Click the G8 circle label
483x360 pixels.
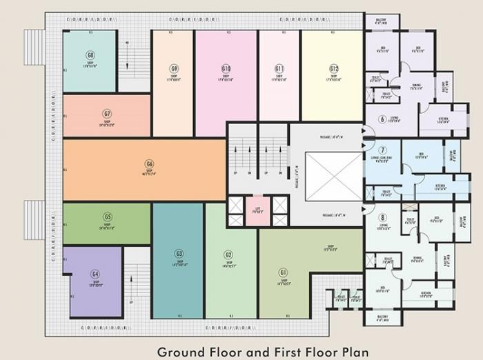coord(90,55)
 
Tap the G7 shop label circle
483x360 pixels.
coord(107,114)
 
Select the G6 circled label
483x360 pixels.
coord(148,164)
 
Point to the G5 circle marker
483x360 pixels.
coord(108,216)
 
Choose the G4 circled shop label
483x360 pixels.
coord(95,274)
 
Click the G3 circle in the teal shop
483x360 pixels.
coord(179,253)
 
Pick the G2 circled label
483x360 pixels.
coord(228,254)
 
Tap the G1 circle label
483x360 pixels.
coord(283,272)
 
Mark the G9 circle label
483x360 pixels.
coord(175,68)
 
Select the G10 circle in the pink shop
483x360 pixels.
coord(226,68)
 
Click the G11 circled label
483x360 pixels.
coord(279,68)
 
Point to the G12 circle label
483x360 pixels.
coord(333,68)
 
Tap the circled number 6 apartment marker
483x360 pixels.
coord(382,119)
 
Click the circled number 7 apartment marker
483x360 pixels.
coord(382,150)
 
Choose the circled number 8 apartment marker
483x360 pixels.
coord(382,217)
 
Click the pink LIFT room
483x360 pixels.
coord(257,211)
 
